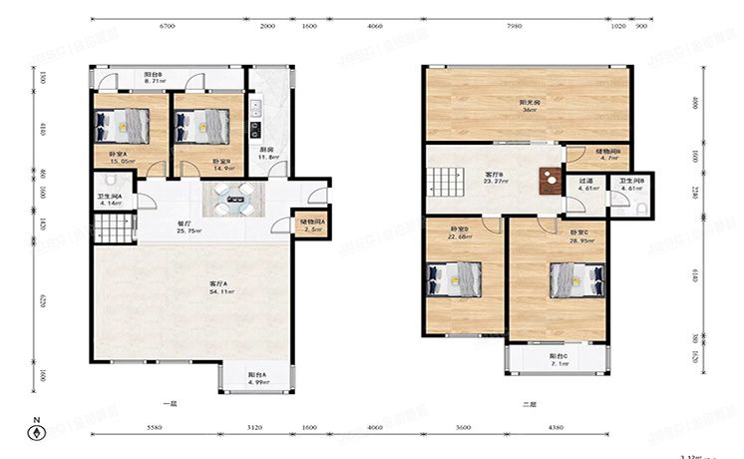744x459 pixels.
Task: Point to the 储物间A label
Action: tap(312, 222)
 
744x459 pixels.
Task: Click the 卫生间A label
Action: tap(109, 199)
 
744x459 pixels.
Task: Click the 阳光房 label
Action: tap(530, 105)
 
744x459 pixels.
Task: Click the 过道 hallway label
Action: tap(586, 184)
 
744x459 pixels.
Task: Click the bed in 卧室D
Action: tap(446, 278)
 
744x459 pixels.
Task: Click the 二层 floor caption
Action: tap(529, 404)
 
